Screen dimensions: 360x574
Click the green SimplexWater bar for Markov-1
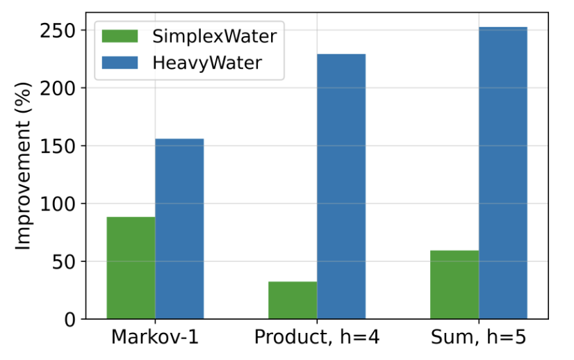pyautogui.click(x=131, y=268)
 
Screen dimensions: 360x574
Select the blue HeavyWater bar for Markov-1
pyautogui.click(x=179, y=229)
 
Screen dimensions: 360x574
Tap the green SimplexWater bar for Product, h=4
pyautogui.click(x=293, y=300)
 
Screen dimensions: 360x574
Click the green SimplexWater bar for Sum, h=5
pyautogui.click(x=454, y=284)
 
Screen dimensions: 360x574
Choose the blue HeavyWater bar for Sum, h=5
pyautogui.click(x=503, y=173)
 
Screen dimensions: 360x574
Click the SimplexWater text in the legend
pyautogui.click(x=214, y=37)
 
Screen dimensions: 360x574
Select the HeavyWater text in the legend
pyautogui.click(x=207, y=63)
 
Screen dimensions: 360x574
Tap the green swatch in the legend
pyautogui.click(x=121, y=37)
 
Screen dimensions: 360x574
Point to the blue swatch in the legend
pyautogui.click(x=121, y=63)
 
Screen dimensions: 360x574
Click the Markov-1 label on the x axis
pyautogui.click(x=154, y=338)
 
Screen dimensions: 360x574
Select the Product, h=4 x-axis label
pyautogui.click(x=317, y=338)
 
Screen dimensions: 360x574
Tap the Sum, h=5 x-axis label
pyautogui.click(x=479, y=338)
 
